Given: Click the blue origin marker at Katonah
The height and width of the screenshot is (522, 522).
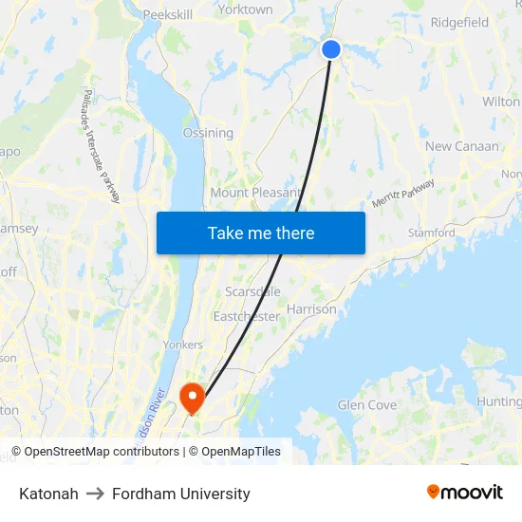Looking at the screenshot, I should (331, 49).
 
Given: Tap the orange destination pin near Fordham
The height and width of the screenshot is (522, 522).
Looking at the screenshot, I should (192, 397).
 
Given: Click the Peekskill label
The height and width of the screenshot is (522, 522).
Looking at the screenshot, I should (167, 15).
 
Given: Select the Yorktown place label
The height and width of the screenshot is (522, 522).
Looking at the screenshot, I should (245, 9).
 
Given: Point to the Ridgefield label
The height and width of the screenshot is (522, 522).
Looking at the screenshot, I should (459, 22).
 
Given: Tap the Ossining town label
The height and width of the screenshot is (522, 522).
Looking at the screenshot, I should (208, 133).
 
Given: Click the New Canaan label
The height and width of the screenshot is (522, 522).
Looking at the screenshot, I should (461, 146).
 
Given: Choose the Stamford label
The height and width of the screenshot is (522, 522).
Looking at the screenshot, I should (431, 233).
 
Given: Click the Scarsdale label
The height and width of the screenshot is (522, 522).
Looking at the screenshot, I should (252, 291).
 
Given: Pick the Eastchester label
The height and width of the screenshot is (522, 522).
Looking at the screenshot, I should (247, 316).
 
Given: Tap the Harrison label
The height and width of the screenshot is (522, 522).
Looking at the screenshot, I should (311, 309).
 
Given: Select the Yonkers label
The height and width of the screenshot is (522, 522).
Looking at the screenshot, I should (183, 345).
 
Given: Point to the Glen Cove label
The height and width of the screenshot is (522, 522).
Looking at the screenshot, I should (367, 405).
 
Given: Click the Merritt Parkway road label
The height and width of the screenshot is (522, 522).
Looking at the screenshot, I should (403, 194).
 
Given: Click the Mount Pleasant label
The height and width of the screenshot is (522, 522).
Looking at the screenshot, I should (255, 193).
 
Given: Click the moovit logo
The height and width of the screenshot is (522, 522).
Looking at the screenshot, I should (465, 493).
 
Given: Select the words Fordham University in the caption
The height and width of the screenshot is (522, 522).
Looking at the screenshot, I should (181, 494).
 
